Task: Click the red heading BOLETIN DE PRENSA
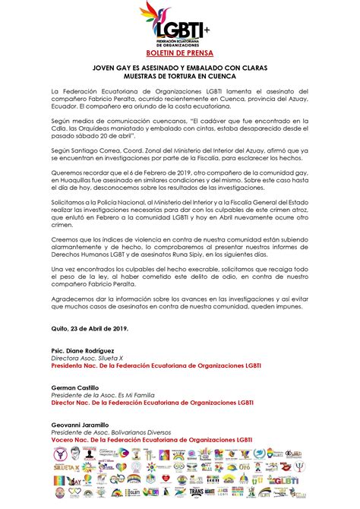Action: pos(180,55)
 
